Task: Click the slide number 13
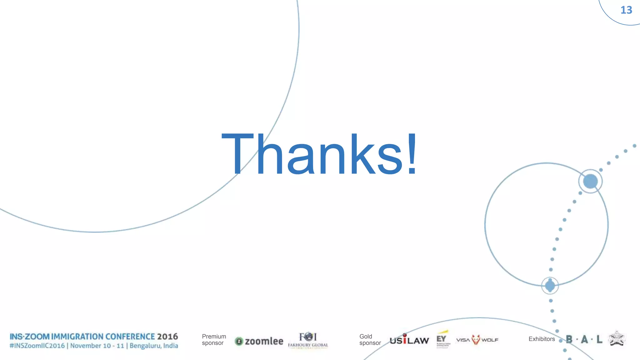coord(626,10)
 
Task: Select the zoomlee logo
coord(259,341)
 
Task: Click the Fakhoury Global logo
coord(308,340)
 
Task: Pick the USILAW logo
coord(409,340)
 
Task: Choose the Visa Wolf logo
coord(477,340)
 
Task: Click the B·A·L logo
coord(584,339)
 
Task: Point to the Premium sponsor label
coord(214,340)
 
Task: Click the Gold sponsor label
coord(370,340)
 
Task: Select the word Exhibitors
coord(542,339)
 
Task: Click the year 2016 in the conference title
coord(167,337)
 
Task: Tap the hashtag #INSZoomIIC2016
coord(37,346)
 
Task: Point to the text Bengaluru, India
coord(154,346)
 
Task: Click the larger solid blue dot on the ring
coord(590,181)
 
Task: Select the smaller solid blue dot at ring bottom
coord(550,285)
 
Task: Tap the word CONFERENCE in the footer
coord(130,337)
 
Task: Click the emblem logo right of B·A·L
coord(617,339)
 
